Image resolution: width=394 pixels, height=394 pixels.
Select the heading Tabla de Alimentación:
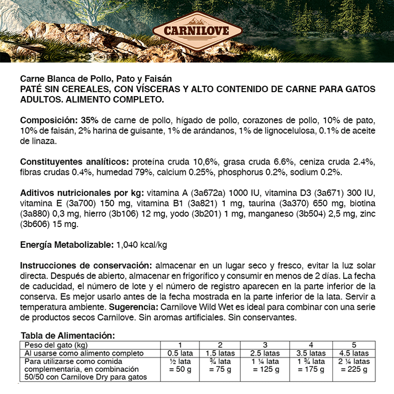[x=68, y=335]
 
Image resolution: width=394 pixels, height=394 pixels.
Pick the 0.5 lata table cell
[x=180, y=353]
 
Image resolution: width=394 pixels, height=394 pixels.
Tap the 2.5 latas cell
[x=265, y=353]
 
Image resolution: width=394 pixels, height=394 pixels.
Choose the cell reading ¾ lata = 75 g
[x=220, y=365]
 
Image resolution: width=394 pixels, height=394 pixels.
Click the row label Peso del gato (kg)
[x=56, y=344]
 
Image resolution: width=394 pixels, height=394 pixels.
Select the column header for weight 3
[x=265, y=344]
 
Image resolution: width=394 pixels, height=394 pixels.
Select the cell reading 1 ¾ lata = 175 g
[x=311, y=365]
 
